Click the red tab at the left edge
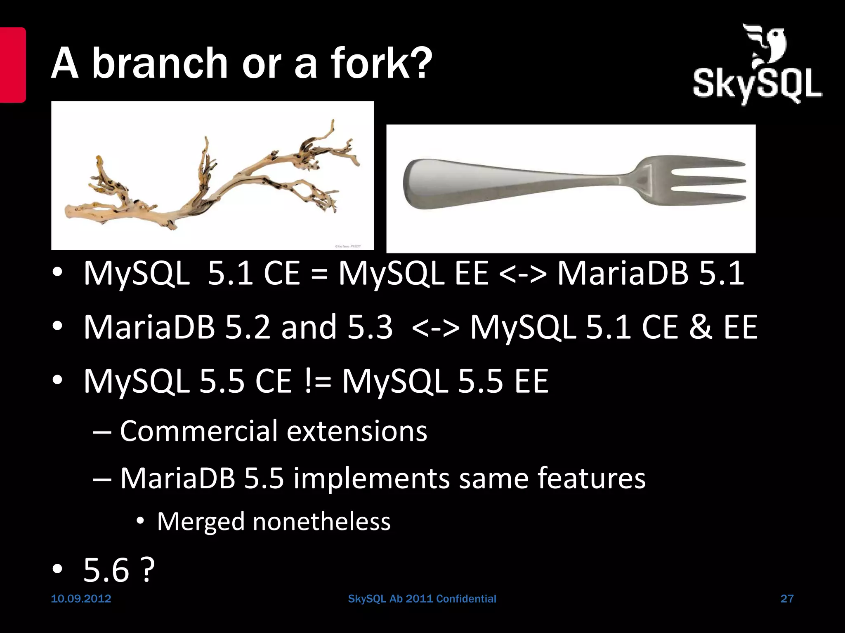[x=12, y=65]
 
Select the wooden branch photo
[x=212, y=176]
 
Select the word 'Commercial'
[x=198, y=431]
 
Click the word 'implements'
[x=371, y=478]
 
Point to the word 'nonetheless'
[x=321, y=521]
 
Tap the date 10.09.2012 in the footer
[x=81, y=599]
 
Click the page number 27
[x=787, y=599]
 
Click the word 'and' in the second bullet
[x=309, y=327]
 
